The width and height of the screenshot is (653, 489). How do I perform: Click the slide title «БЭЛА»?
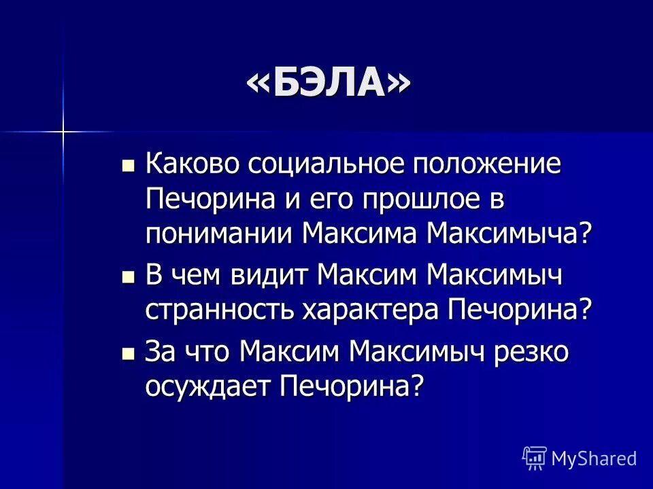(329, 84)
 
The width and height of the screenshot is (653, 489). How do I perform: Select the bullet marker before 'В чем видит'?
(127, 277)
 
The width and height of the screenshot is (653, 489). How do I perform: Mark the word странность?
(219, 312)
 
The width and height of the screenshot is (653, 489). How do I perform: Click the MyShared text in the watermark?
(594, 458)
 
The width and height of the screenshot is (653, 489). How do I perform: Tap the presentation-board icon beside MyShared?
(535, 458)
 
